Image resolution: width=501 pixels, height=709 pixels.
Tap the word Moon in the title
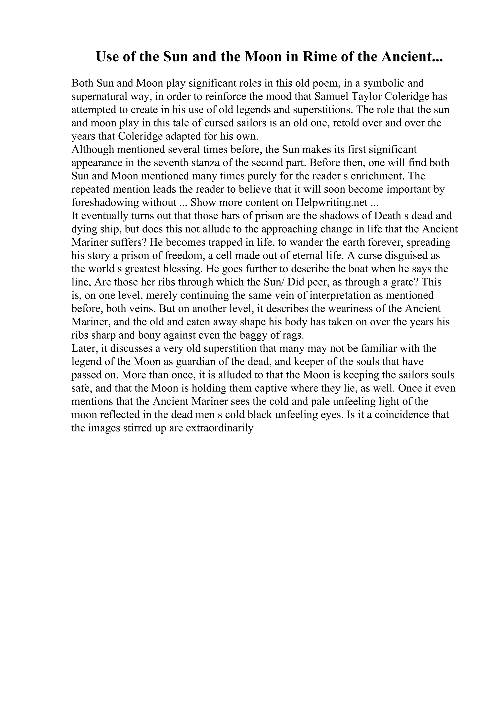tap(262, 57)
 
